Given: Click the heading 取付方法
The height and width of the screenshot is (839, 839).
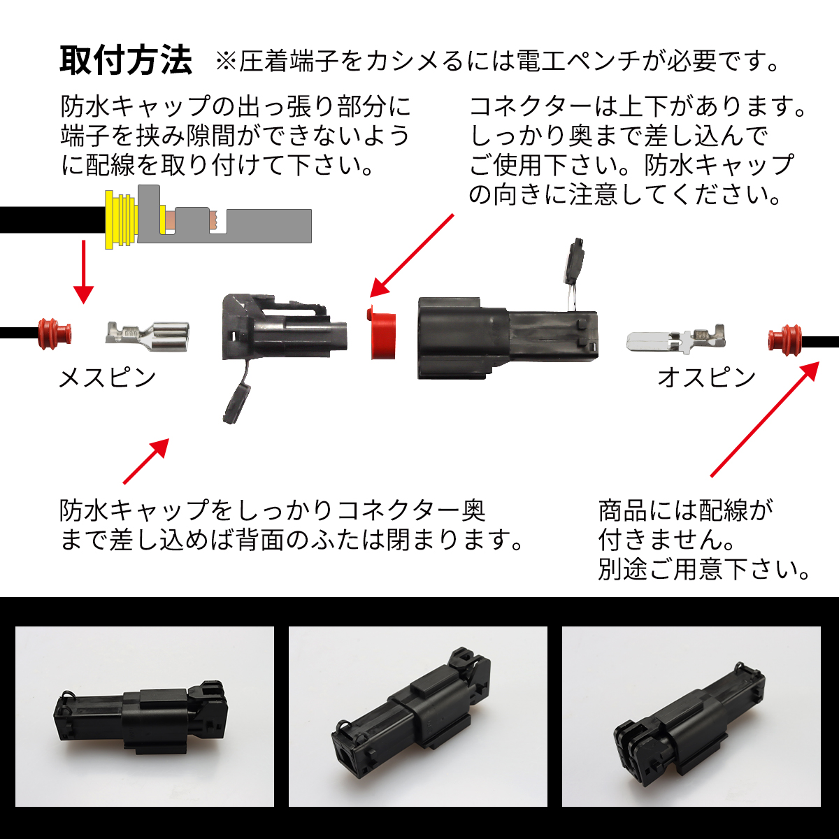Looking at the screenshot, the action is (126, 61).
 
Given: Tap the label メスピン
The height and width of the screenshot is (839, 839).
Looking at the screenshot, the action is (107, 377).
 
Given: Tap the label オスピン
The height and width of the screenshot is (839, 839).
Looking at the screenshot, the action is (706, 377).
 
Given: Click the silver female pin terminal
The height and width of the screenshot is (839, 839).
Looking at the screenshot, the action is (147, 336).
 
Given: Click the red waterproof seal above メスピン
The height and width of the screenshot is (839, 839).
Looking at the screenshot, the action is (55, 334).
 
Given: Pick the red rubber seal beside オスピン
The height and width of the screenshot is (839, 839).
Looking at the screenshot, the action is (784, 340).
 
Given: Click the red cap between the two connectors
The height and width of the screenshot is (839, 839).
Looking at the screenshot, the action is (382, 333).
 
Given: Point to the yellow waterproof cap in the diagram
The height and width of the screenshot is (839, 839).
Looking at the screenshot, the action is (120, 220).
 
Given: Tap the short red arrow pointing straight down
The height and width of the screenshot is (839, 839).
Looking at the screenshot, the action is (84, 272).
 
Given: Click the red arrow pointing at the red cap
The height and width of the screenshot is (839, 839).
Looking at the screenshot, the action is (411, 256).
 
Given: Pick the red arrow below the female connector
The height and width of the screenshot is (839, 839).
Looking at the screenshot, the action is (146, 461).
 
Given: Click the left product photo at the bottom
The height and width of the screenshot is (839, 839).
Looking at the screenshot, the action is (145, 716).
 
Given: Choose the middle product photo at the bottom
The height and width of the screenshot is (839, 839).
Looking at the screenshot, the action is (418, 716).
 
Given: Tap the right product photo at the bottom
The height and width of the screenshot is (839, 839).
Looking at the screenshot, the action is (691, 716).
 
